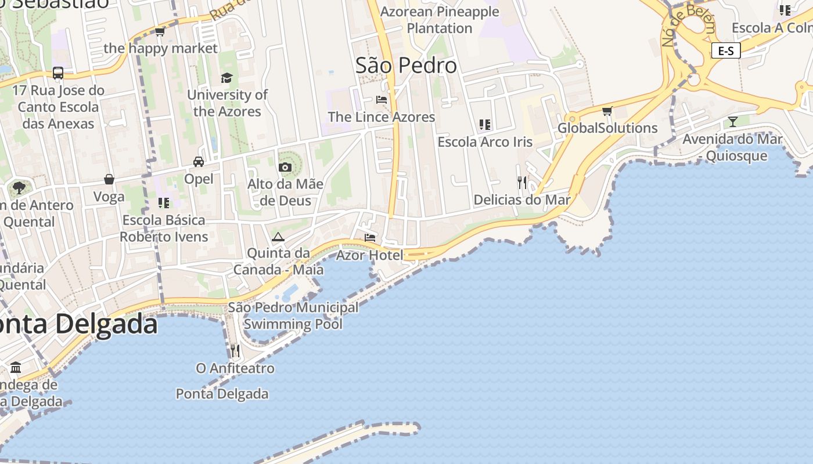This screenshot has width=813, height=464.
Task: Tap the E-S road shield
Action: (726, 51)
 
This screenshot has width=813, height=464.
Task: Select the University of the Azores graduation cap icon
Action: (226, 78)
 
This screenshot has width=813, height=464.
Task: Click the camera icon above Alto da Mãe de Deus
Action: (285, 168)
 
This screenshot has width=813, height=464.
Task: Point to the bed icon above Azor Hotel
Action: (369, 238)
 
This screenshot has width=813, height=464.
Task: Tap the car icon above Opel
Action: (199, 162)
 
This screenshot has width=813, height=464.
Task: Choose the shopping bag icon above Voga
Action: (109, 179)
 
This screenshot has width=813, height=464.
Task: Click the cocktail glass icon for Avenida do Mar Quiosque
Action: (733, 122)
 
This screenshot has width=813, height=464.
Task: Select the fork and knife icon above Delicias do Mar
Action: (522, 183)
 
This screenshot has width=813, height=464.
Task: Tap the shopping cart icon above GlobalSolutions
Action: (607, 111)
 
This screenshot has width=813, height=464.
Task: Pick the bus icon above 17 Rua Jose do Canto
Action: (58, 73)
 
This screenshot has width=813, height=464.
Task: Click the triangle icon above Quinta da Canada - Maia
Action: (278, 237)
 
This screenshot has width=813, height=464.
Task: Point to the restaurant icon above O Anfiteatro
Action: (235, 351)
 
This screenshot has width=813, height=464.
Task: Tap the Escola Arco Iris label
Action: (485, 142)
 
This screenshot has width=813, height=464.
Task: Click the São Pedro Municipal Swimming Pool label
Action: (293, 316)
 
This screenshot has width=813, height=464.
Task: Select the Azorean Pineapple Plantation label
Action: (440, 20)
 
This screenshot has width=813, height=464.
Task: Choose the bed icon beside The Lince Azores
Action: (382, 100)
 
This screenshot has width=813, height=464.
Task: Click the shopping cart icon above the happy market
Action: (160, 32)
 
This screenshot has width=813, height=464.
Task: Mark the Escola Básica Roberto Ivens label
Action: (164, 229)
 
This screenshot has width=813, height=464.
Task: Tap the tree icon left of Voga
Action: (19, 187)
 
